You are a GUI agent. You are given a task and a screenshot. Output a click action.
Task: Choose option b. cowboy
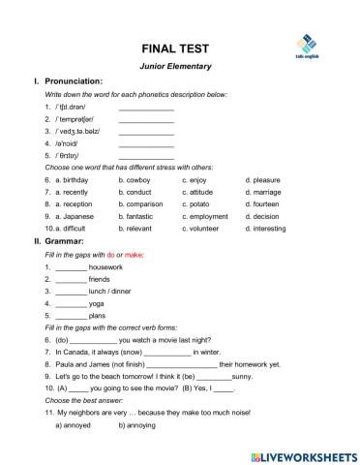tap(135, 180)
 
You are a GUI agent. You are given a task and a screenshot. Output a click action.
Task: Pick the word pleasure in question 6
tap(266, 180)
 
